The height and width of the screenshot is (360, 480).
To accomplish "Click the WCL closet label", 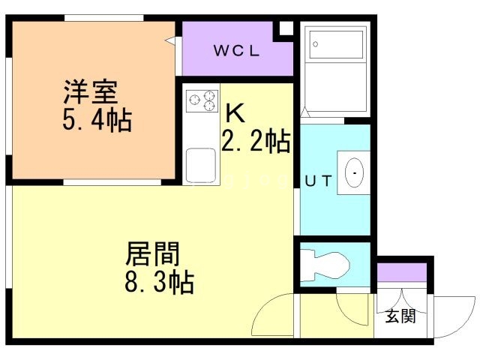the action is pos(237,50).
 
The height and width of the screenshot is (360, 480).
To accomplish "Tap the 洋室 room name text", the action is pos(91,91).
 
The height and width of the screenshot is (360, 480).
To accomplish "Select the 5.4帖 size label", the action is pos(97,120).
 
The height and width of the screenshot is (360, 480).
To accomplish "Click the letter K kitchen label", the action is pos(235,112).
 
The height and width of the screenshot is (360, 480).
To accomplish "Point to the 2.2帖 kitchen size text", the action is pos(256,141).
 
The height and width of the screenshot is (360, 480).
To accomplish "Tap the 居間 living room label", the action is pos(152,253).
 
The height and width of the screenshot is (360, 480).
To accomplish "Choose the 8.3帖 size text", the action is pos(160,282).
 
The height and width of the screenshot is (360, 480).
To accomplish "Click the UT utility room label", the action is pos(318,181).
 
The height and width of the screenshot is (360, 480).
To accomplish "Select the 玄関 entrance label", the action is pos(400,316).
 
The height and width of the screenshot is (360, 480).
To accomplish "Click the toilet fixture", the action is pos(325,265).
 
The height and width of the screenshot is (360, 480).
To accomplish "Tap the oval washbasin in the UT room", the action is pos(354,172).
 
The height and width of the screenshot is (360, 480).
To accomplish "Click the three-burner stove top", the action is pos(202,100).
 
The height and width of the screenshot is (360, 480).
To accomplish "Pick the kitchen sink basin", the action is pos(201,166).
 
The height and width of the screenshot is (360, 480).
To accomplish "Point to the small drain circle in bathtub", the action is pos(315,44).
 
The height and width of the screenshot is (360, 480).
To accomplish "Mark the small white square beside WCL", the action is pos(286,28).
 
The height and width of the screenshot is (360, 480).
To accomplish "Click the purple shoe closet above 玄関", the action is pos(402,272).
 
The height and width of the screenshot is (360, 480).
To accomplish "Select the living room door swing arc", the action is pos(265,310).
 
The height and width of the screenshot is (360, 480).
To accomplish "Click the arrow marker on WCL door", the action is pos(170,40).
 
